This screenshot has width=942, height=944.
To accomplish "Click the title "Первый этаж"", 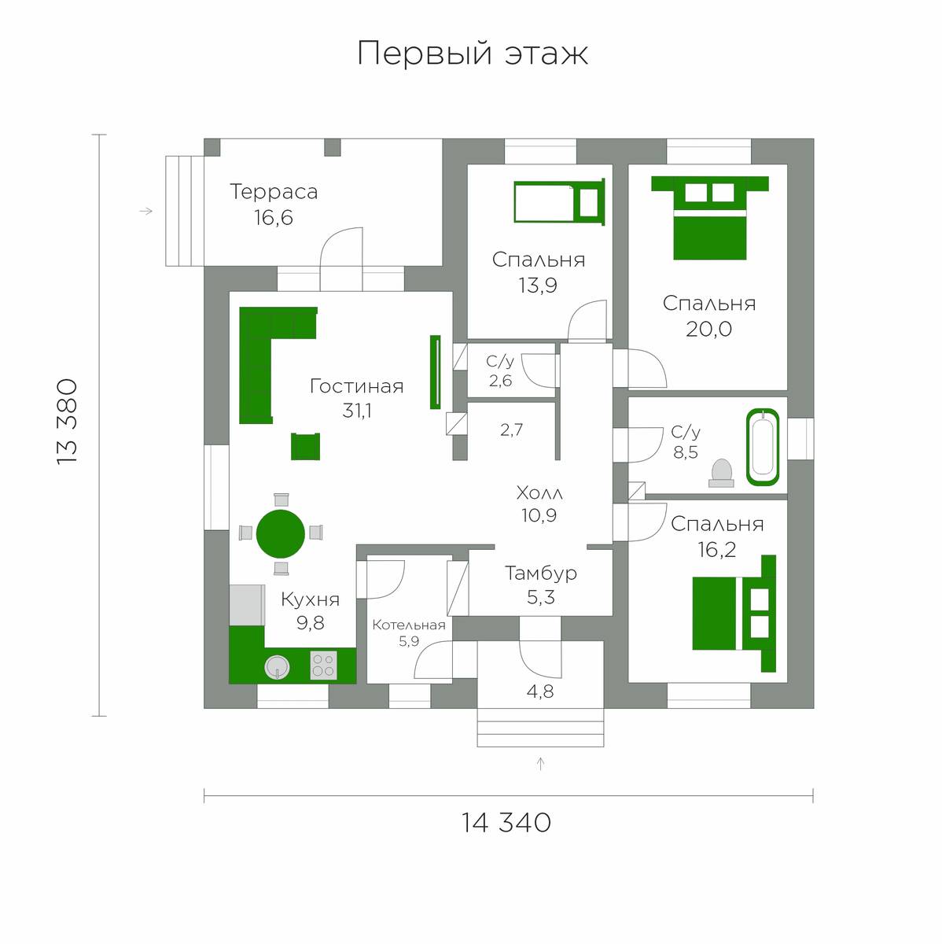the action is (472, 53).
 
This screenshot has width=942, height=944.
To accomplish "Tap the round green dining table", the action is (281, 533).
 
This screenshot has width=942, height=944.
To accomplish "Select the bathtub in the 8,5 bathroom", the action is (763, 448).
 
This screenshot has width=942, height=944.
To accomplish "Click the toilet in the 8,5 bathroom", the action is (721, 474).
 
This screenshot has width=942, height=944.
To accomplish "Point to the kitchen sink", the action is (278, 667).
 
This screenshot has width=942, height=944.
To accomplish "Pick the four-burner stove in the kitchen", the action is (323, 665).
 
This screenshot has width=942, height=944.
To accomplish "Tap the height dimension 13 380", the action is (67, 422).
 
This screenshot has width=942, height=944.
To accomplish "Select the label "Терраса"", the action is (274, 192).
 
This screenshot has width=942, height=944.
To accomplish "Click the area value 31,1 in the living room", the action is (357, 410).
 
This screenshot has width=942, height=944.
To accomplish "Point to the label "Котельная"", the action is (409, 625).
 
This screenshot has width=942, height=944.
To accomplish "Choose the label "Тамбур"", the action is (541, 573).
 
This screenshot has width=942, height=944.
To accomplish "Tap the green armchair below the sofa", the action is (305, 446).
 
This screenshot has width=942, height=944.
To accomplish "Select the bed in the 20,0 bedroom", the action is (710, 217).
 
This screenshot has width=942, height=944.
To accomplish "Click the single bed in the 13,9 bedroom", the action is (559, 202).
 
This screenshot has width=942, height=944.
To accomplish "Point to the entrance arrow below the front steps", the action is (540, 764).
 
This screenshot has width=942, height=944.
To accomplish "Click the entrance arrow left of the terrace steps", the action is (146, 211).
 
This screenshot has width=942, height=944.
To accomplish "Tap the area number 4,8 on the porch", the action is (540, 691).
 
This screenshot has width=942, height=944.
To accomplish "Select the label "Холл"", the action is (539, 492).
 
